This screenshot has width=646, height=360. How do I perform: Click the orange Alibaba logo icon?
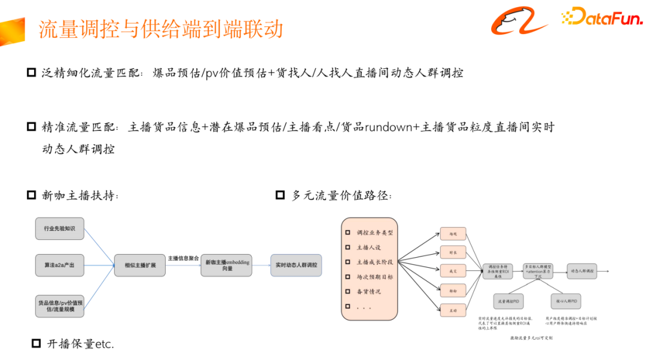tap(520, 22)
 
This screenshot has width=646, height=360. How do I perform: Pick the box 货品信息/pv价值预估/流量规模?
tap(60, 306)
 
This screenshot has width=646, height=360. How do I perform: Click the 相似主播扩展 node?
tap(140, 264)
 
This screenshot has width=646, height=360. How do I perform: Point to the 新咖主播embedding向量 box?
tap(227, 264)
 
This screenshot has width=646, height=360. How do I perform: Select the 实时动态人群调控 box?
tap(296, 264)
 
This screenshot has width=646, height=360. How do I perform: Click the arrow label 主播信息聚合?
tap(184, 258)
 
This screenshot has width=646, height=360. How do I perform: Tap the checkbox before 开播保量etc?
tap(36, 343)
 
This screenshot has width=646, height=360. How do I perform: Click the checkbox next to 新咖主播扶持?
tap(32, 195)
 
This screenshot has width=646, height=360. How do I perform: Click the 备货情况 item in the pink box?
tap(368, 291)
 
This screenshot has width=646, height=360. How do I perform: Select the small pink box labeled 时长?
tap(452, 252)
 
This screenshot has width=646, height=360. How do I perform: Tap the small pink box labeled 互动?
tap(452, 310)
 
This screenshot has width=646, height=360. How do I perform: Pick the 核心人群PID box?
tap(566, 300)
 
